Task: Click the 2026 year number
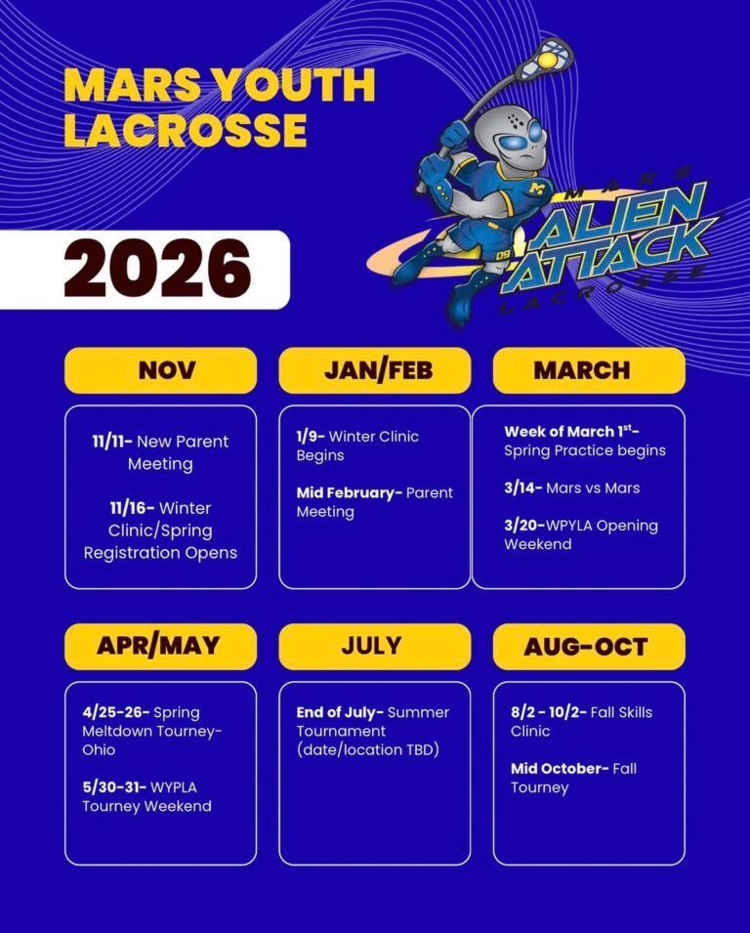pyautogui.click(x=157, y=269)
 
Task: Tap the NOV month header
pyautogui.click(x=167, y=370)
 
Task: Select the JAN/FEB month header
pyautogui.click(x=378, y=370)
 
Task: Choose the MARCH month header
pyautogui.click(x=582, y=370)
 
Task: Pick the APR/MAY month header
pyautogui.click(x=158, y=646)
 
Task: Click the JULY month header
pyautogui.click(x=371, y=646)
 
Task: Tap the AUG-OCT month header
pyautogui.click(x=585, y=647)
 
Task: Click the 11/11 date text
pyautogui.click(x=111, y=442)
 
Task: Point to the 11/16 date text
pyautogui.click(x=132, y=508)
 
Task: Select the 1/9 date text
pyautogui.click(x=310, y=436)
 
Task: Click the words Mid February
pyautogui.click(x=350, y=492)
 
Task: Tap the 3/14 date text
pyautogui.click(x=522, y=488)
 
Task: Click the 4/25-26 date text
pyautogui.click(x=116, y=712)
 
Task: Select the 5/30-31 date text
pyautogui.click(x=114, y=787)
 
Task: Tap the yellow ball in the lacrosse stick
pyautogui.click(x=547, y=61)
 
